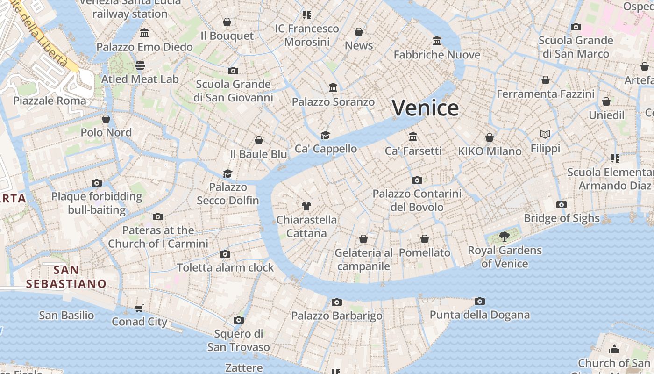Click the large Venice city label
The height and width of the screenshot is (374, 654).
click(425, 108)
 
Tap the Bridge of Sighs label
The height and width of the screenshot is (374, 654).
click(562, 218)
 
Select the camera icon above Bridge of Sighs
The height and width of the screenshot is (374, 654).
click(562, 204)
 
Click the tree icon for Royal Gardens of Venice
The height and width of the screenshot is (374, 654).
click(504, 236)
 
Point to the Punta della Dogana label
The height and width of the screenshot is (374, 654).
click(480, 315)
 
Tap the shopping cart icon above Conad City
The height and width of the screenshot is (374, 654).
click(139, 308)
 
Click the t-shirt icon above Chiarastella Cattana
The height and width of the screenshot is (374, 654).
click(306, 206)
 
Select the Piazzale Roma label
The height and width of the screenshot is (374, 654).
click(50, 101)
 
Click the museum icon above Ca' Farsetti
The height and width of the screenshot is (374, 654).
click(413, 137)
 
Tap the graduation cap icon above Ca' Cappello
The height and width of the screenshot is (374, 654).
click(325, 135)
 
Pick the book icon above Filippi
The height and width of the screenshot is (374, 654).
click(545, 135)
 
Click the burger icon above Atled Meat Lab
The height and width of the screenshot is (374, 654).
click(140, 65)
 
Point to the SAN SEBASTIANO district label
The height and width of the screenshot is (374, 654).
click(66, 277)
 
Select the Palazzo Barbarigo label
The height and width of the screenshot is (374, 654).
click(336, 316)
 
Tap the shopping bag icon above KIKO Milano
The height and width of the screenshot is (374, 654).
click(489, 137)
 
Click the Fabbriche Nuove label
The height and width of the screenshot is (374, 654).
click(437, 55)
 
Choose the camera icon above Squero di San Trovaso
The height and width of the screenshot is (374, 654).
click(239, 320)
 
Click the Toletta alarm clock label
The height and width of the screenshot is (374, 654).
click(225, 267)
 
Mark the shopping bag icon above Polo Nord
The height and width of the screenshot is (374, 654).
click(106, 119)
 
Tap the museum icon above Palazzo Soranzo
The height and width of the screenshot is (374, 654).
click(333, 88)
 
